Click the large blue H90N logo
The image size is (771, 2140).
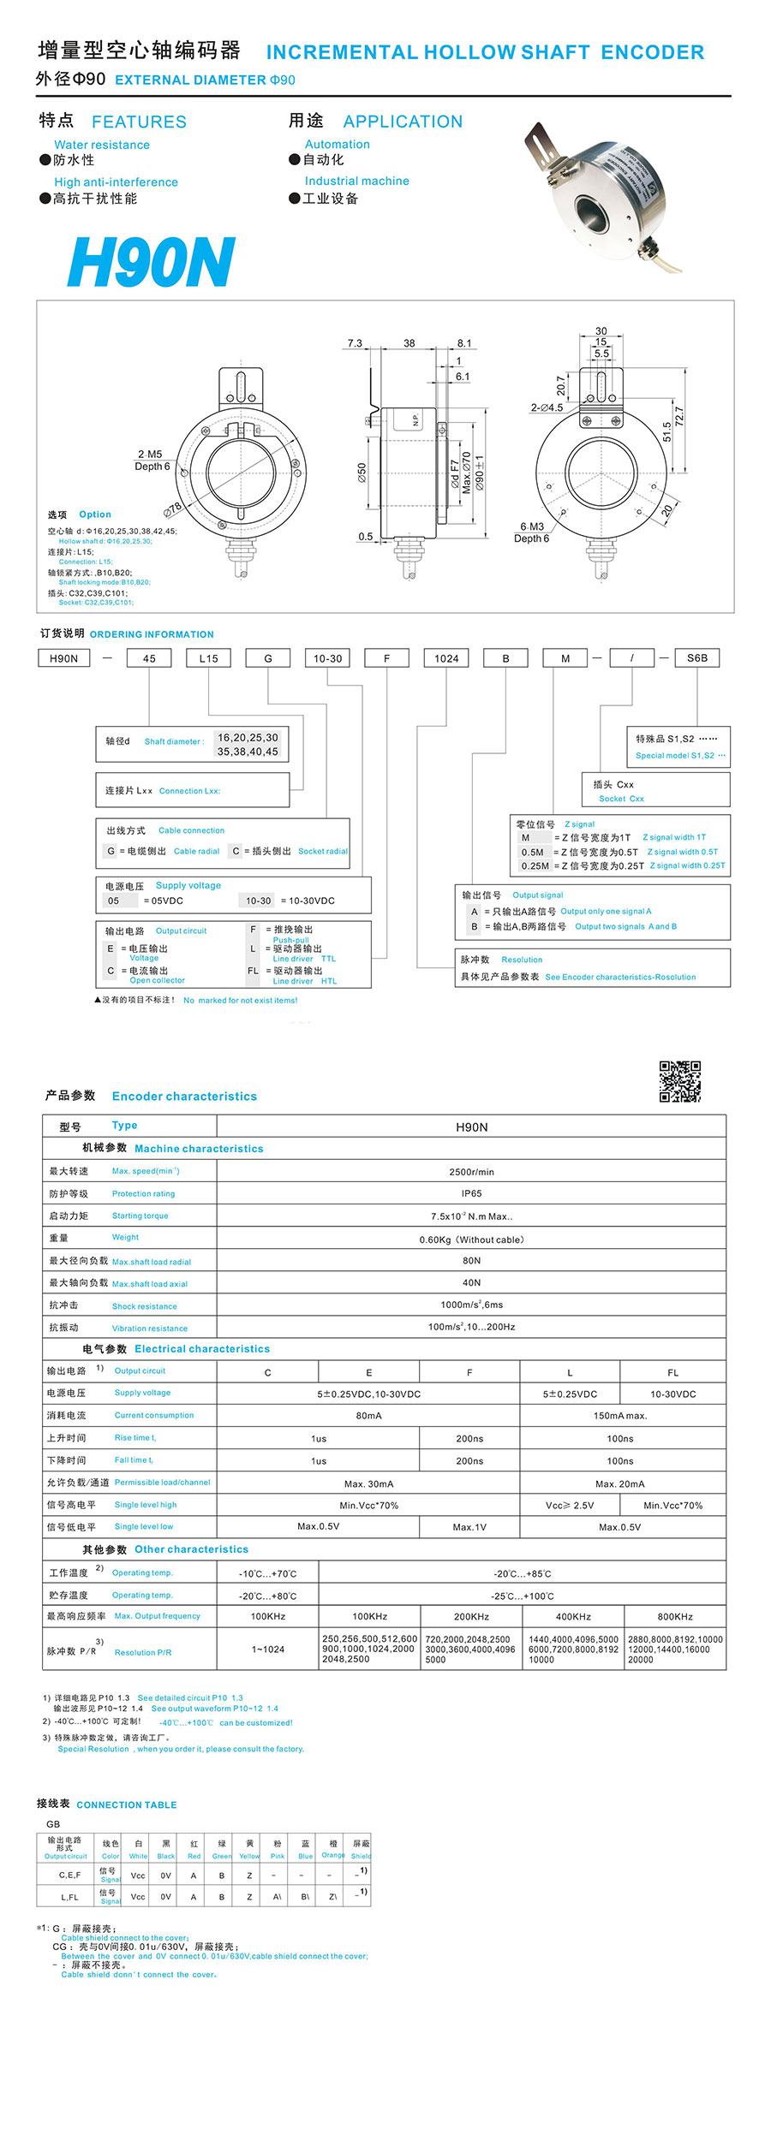coord(151,262)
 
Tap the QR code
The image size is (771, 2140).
coord(679,1080)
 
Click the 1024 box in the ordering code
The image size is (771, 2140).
coord(446,658)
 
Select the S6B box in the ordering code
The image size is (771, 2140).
coord(697,657)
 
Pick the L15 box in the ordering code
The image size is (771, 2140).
coord(208,658)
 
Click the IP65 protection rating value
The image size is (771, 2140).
coord(471,1193)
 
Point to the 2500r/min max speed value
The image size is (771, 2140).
coord(471,1172)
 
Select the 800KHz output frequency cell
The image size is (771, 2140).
coord(675,1617)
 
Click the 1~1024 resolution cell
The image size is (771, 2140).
coord(268,1650)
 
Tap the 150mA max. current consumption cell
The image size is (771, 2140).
coord(620,1416)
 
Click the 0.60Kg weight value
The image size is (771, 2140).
coord(471,1239)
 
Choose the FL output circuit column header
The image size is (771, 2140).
coord(672,1372)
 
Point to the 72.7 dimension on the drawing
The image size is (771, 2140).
coord(679,417)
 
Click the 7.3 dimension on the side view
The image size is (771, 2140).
coord(355,343)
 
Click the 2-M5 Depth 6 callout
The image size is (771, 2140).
coord(152,461)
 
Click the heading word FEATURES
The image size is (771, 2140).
coord(139,122)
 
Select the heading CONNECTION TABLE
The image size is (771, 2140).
coord(127,1804)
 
